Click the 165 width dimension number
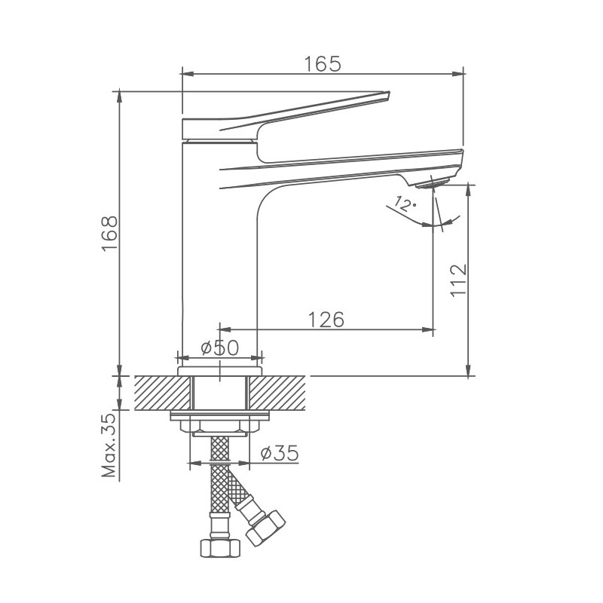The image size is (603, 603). (323, 63)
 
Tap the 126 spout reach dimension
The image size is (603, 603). (326, 320)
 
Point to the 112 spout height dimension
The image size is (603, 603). (459, 280)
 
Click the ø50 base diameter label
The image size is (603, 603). (219, 347)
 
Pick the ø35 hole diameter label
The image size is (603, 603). (279, 453)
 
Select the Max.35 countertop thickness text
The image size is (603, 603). (109, 445)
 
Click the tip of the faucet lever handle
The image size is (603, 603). (387, 95)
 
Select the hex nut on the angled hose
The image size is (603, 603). (265, 525)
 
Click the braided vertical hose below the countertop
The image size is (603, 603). (219, 482)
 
